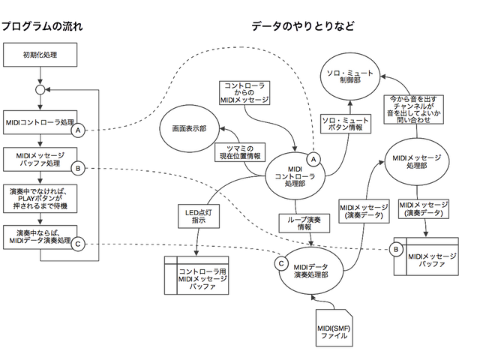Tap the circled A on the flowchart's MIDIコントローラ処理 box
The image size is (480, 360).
pyautogui.click(x=77, y=130)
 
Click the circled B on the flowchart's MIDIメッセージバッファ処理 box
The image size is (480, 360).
pyautogui.click(x=77, y=167)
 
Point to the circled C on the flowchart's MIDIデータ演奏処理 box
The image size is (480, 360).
pyautogui.click(x=77, y=244)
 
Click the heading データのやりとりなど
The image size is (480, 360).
pyautogui.click(x=304, y=26)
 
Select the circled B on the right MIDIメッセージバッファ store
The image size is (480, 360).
pyautogui.click(x=397, y=246)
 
